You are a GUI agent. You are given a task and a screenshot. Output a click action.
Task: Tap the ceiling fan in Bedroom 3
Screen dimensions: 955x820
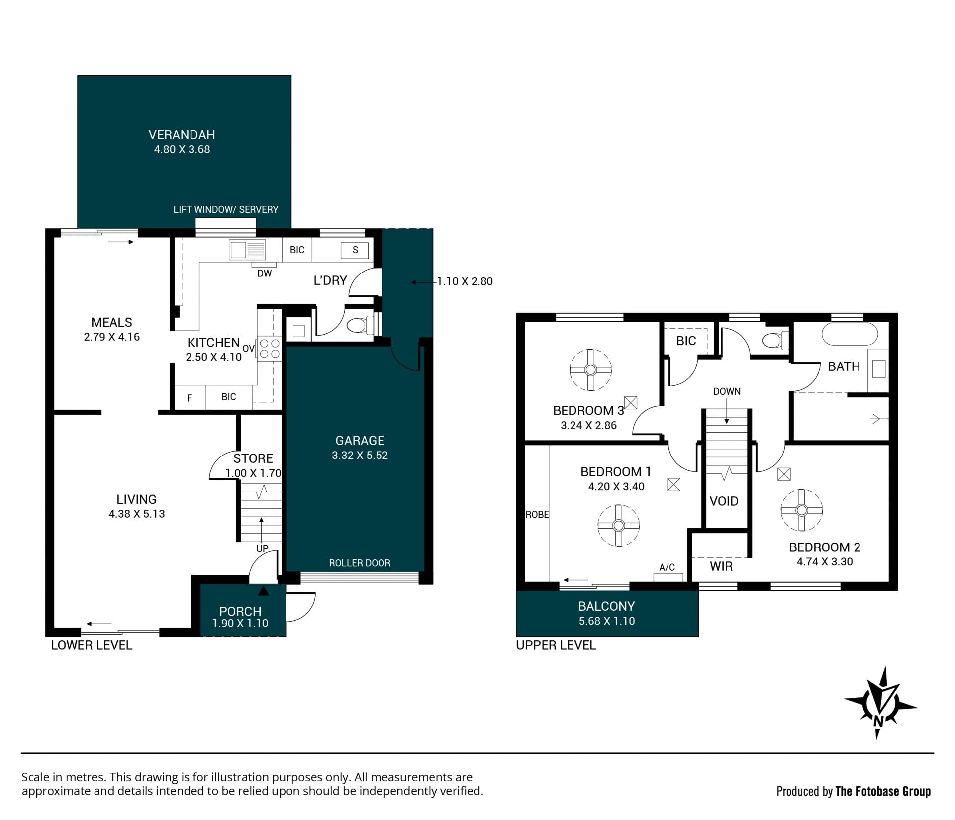pyautogui.click(x=590, y=370)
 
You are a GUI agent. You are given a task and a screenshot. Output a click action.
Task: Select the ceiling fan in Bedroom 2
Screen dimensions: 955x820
pyautogui.click(x=801, y=510)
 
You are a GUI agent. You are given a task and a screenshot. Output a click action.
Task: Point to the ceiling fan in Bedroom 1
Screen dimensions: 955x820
pyautogui.click(x=618, y=525)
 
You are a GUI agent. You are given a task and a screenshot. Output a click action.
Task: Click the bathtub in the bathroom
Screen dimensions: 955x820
pyautogui.click(x=850, y=334)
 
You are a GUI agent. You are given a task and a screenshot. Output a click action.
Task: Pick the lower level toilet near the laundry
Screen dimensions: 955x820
pyautogui.click(x=360, y=326)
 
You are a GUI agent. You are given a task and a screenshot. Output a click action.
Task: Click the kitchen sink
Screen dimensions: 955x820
pyautogui.click(x=247, y=250)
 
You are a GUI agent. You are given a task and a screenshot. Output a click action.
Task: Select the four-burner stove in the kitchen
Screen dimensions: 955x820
pyautogui.click(x=269, y=348)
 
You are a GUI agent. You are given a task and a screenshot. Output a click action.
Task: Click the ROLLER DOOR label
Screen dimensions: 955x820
pyautogui.click(x=360, y=563)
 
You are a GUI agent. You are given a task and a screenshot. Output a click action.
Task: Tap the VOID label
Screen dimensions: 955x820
pyautogui.click(x=724, y=501)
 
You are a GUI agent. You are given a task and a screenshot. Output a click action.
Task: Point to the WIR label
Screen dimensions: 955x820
pyautogui.click(x=721, y=566)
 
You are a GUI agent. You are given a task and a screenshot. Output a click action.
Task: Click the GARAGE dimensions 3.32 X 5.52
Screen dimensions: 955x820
pyautogui.click(x=360, y=455)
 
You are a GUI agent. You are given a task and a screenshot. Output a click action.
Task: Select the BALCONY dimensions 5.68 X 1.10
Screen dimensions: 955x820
pyautogui.click(x=607, y=621)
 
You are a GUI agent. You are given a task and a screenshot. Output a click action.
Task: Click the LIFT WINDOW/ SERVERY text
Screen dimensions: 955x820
pyautogui.click(x=226, y=209)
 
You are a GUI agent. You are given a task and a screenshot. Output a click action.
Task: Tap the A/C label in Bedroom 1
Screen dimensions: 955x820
pyautogui.click(x=667, y=567)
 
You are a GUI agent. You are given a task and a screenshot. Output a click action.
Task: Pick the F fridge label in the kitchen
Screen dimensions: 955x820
pyautogui.click(x=190, y=398)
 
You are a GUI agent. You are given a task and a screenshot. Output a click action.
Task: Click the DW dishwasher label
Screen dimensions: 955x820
pyautogui.click(x=265, y=273)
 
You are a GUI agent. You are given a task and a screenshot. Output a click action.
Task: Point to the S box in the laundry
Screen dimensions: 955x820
pyautogui.click(x=355, y=250)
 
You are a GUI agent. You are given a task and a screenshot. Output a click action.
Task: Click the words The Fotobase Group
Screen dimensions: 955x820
pyautogui.click(x=883, y=791)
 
